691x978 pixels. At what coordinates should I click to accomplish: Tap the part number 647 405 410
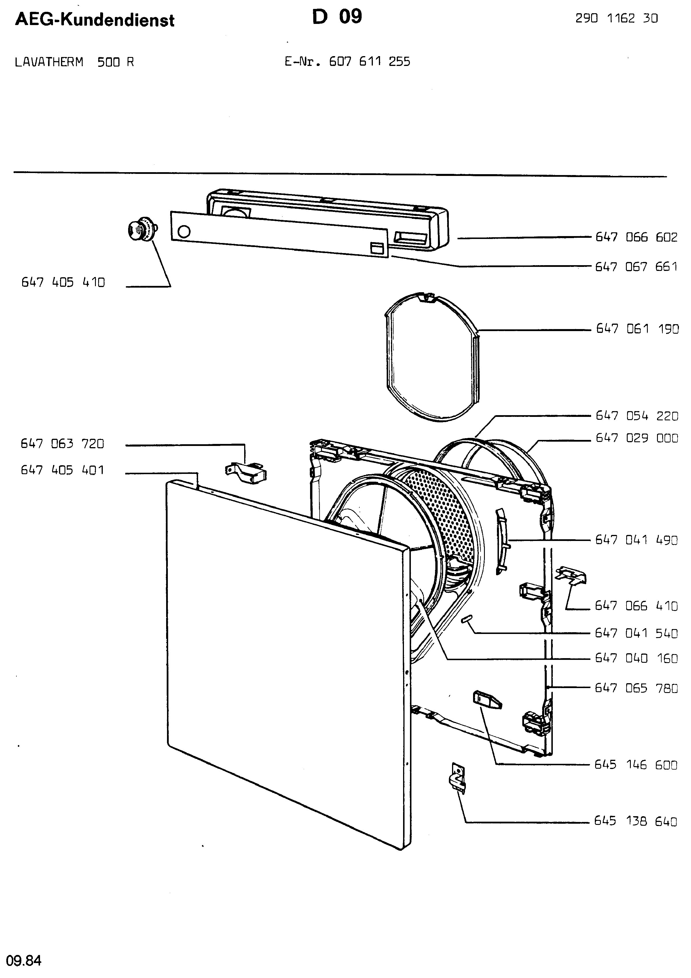63,282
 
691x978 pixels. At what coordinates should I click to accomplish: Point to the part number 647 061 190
637,329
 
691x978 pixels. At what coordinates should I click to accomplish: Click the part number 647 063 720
62,444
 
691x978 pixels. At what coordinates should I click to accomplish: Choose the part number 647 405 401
62,470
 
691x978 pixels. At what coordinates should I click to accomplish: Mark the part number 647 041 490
637,540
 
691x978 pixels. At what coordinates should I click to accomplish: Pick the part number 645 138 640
636,829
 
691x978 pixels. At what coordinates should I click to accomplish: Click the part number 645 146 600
636,765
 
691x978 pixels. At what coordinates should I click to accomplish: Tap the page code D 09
337,17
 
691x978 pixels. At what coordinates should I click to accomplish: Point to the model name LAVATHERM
49,62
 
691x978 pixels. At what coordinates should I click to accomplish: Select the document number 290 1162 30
617,18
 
